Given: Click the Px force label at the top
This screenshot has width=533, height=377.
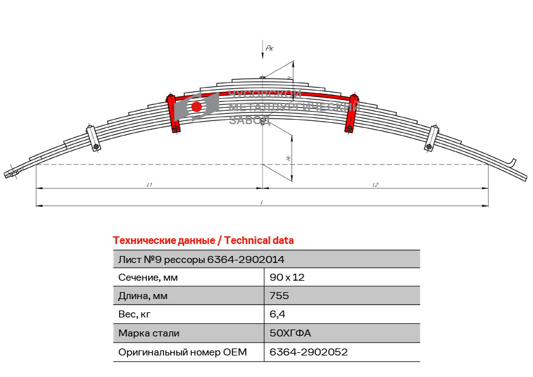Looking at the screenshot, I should click(x=269, y=48).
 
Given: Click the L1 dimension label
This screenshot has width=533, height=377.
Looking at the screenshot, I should click(x=149, y=184).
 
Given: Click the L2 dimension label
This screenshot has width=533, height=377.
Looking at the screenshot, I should click(x=375, y=184).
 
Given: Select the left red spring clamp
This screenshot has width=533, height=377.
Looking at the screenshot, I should click(x=172, y=113).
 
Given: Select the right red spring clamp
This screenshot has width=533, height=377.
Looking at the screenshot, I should click(x=352, y=113).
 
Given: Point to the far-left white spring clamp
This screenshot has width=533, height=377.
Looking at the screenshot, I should click(x=92, y=139).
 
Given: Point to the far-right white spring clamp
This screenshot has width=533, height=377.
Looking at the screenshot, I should click(x=432, y=139).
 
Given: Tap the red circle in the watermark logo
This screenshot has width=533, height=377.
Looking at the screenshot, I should click(x=197, y=106).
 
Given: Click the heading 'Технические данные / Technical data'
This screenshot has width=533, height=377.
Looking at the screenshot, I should click(x=203, y=240).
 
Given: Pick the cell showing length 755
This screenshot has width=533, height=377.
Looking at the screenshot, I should click(x=279, y=296).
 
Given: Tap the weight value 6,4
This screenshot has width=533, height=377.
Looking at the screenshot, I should click(x=277, y=314).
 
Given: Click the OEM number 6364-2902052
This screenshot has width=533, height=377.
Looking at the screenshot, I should click(x=309, y=352).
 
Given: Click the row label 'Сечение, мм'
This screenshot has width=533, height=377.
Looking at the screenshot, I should click(x=148, y=278).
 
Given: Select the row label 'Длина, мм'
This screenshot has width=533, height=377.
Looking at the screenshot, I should click(x=143, y=296).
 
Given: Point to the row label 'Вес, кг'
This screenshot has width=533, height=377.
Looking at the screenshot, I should click(x=135, y=314).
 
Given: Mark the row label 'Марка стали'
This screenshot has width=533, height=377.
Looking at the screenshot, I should click(x=149, y=333).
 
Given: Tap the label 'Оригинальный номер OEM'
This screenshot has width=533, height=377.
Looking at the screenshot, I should click(x=182, y=352).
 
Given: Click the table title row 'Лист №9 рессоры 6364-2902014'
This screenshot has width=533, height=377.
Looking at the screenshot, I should click(x=201, y=259).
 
